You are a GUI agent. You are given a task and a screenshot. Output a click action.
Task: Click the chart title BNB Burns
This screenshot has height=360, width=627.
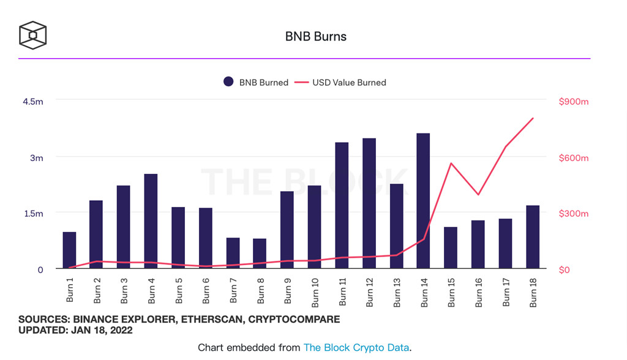(315, 37)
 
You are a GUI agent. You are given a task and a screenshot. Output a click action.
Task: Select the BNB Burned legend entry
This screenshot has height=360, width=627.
(255, 82)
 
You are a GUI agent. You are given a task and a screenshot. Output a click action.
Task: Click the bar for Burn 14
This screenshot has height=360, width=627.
(423, 201)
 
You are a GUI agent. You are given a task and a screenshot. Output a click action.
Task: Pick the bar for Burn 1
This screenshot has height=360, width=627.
(69, 250)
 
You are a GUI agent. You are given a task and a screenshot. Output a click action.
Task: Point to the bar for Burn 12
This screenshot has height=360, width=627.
(369, 203)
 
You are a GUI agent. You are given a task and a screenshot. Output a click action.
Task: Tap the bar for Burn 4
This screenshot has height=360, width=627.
(151, 221)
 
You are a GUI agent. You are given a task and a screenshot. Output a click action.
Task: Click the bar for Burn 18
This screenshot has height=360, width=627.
(532, 237)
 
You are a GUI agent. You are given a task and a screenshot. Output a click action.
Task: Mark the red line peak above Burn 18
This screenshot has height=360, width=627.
(533, 118)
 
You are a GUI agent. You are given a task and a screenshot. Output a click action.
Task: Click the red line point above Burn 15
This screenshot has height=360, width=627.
(451, 163)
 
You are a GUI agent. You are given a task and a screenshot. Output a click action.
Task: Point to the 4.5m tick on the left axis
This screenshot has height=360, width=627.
(33, 102)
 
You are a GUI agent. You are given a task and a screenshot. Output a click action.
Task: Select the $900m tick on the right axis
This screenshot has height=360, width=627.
(573, 102)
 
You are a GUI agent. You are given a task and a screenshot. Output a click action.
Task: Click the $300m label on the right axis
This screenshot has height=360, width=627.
(573, 214)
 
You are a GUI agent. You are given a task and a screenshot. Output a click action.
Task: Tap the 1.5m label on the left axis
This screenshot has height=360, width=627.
(33, 214)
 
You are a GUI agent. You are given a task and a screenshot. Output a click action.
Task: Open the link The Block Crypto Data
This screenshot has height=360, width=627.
(356, 348)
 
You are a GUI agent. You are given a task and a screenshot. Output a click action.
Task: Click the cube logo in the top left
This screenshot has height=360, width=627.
(32, 35)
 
